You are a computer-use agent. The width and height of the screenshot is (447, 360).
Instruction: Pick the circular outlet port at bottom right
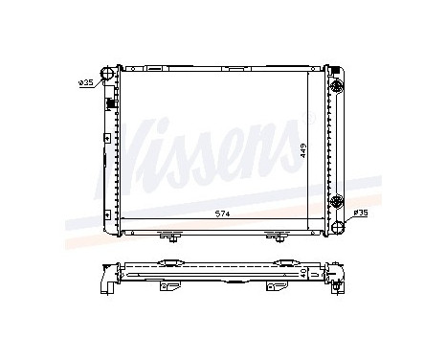tap(337, 222)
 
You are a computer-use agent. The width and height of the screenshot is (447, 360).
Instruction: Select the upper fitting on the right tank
tap(336, 86)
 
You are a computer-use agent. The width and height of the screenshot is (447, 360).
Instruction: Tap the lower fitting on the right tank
tap(336, 200)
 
